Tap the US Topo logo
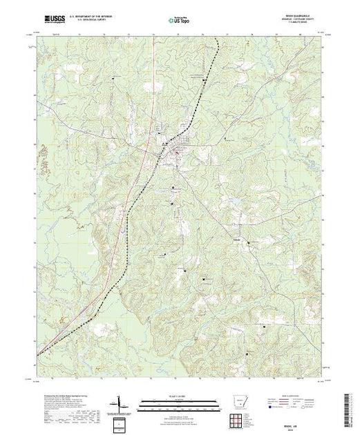pos(180,20)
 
